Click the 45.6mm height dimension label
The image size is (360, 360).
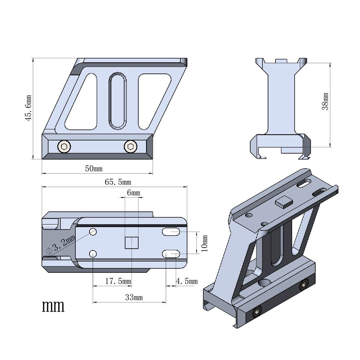point(28,108)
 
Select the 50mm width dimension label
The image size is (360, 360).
point(94,169)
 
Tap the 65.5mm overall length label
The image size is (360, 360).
point(118,182)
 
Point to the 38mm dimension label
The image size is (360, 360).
point(325,101)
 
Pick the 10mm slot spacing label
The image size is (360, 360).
point(205,243)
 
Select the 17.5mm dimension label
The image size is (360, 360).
point(118,281)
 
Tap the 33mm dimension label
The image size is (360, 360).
point(134,298)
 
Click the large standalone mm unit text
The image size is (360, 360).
point(53,306)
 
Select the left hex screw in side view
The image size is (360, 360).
point(64,146)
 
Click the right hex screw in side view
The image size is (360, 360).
point(130,146)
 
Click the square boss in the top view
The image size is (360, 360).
point(131,243)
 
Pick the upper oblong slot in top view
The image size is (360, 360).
point(171,232)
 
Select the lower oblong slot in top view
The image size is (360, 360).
point(171,254)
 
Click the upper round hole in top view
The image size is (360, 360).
point(93,232)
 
